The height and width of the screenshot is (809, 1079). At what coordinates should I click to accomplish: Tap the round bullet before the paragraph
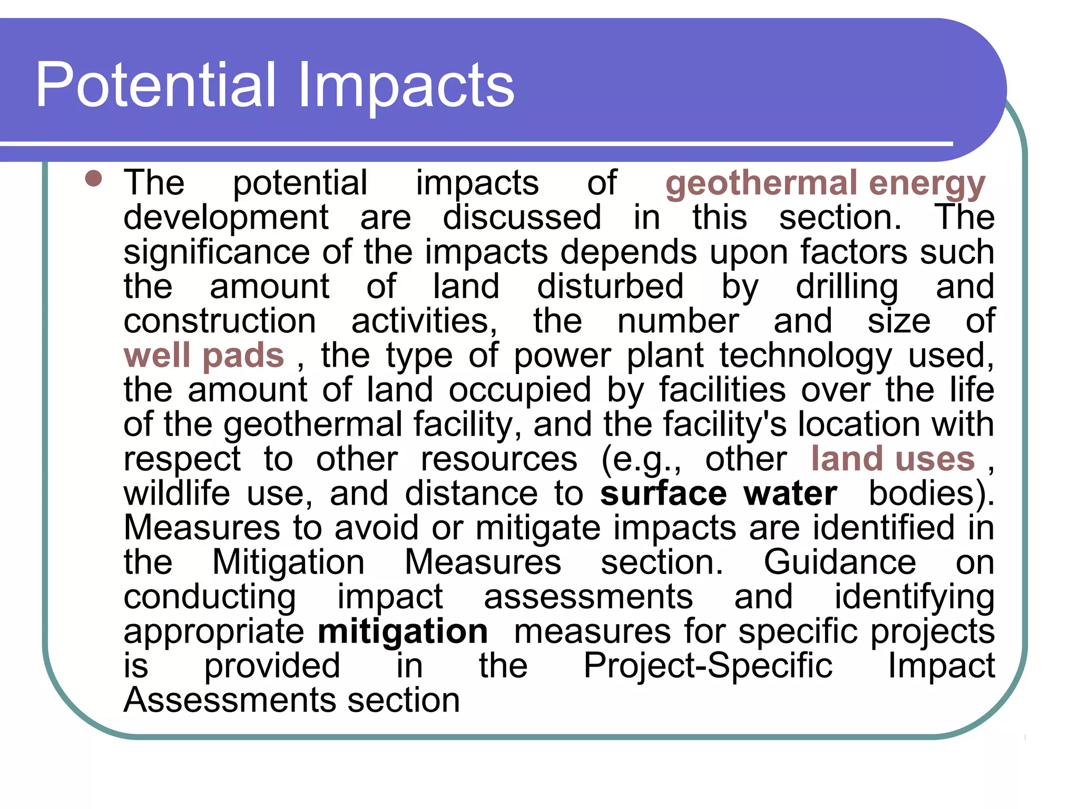tap(93, 178)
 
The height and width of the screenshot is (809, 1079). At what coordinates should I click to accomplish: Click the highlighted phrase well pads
tap(204, 355)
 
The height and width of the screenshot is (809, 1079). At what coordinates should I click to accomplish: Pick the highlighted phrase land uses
tap(892, 458)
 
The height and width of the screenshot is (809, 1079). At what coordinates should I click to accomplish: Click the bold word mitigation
tap(403, 631)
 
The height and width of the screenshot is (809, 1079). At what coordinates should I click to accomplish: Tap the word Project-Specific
tap(708, 665)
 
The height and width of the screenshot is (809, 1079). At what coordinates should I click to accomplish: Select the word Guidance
tap(840, 562)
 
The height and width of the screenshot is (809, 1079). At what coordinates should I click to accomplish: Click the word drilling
tap(847, 287)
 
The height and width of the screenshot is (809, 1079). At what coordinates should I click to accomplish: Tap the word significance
tap(217, 252)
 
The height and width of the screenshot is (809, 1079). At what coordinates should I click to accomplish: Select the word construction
tap(220, 321)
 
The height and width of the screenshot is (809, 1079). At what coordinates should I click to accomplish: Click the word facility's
tap(725, 424)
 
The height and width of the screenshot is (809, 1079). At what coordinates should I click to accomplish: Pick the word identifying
tap(914, 597)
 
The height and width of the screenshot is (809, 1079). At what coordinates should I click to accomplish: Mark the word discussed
tap(522, 218)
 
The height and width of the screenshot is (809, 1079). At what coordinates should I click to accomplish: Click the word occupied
tap(519, 390)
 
